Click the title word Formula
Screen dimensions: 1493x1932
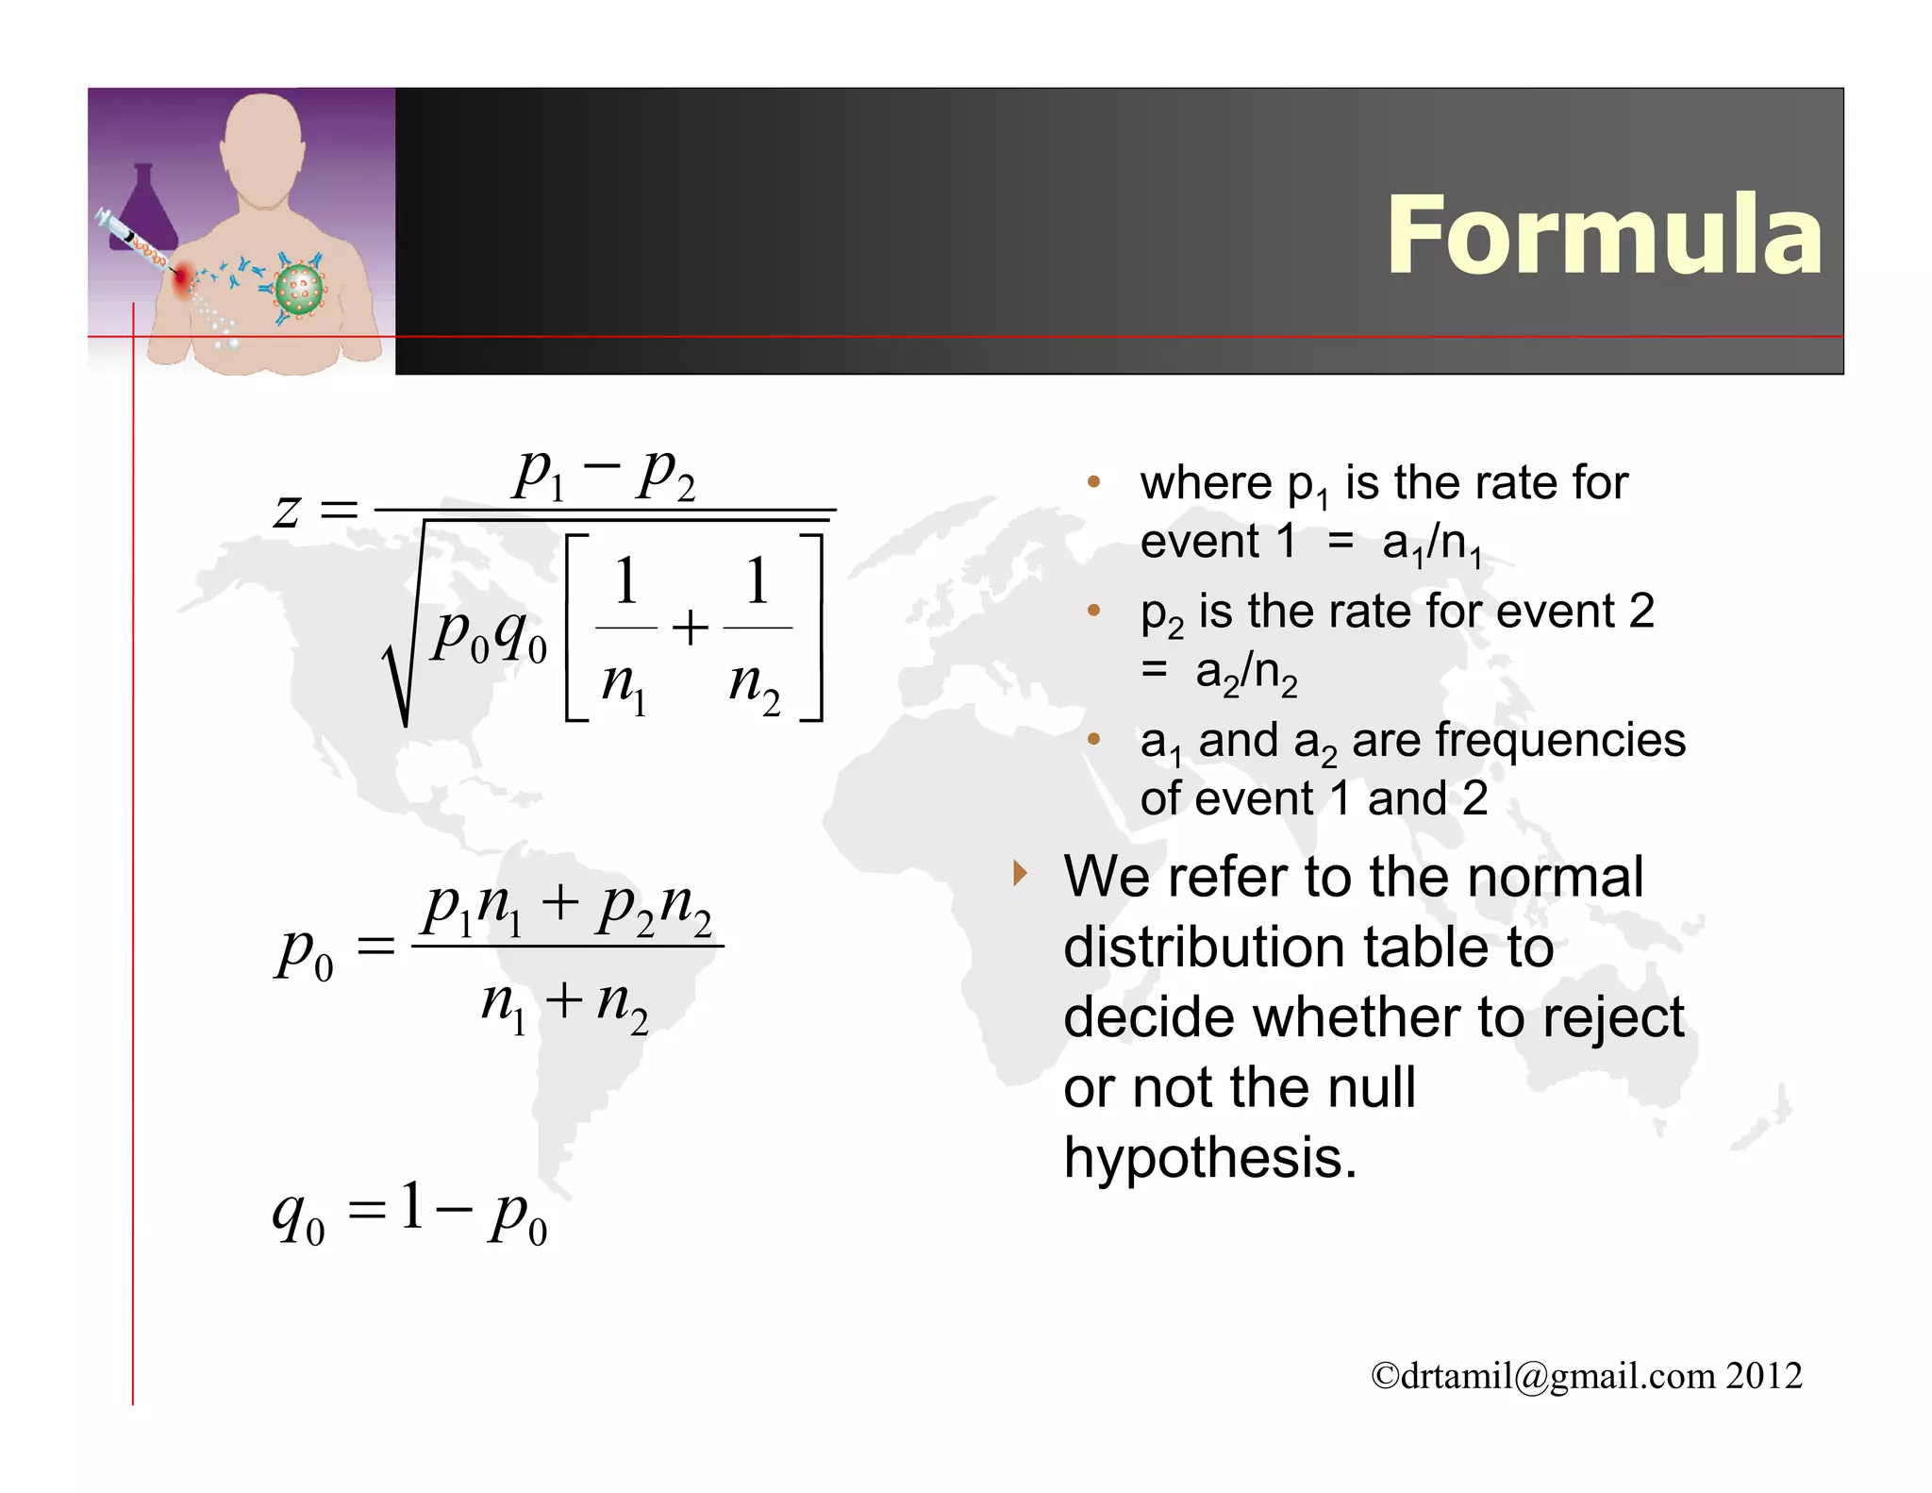(x=1604, y=236)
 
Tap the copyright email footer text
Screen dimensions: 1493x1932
(x=1586, y=1376)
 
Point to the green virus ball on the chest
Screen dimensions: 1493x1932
(x=299, y=289)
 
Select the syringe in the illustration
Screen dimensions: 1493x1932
(x=132, y=241)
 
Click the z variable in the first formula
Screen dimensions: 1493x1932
(x=286, y=511)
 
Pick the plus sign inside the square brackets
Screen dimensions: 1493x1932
(x=691, y=628)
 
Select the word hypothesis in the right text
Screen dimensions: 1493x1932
(x=1209, y=1158)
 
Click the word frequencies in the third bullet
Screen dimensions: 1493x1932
(x=1519, y=740)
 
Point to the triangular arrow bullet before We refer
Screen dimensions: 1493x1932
(x=1019, y=873)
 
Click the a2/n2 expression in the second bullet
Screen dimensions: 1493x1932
(x=1245, y=673)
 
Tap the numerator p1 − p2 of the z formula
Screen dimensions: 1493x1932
(x=604, y=474)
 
